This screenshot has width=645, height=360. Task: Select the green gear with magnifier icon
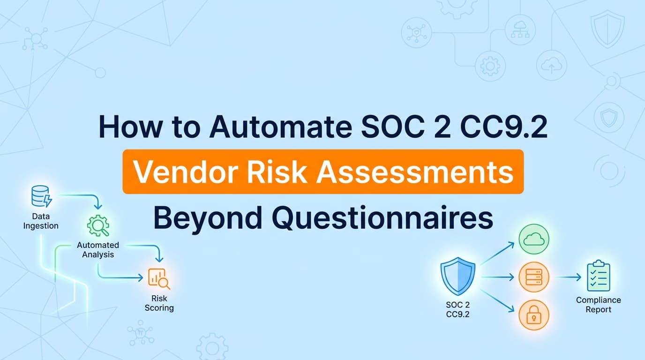coord(98,226)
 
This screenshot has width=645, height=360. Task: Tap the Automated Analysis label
coord(98,250)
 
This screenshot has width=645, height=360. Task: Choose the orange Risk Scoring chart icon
coord(158,278)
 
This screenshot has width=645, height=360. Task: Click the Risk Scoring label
coord(159,303)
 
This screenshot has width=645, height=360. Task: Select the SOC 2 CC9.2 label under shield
coord(457,309)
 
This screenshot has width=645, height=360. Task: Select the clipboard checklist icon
coord(599,277)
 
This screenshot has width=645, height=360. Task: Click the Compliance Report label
coord(599,305)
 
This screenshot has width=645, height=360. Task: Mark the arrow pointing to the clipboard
coord(569,277)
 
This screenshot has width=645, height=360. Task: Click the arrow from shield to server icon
coord(497,277)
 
